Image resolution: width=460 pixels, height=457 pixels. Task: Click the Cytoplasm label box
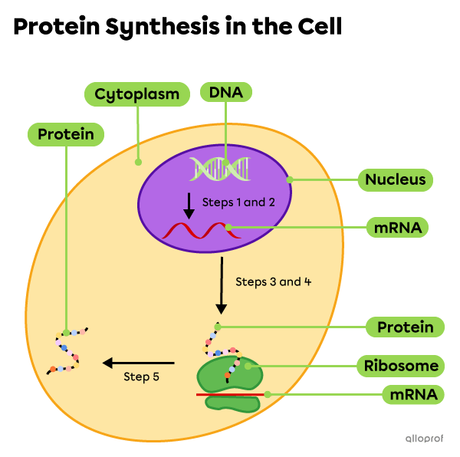pos(137,94)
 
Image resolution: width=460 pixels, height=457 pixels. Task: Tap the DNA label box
pos(225,93)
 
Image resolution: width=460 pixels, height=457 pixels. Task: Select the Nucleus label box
pos(395,180)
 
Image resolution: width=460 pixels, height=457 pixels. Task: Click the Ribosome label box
pos(401,366)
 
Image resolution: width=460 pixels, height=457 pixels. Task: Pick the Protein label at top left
pos(66,135)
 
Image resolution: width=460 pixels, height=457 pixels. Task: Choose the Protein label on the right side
pos(405,327)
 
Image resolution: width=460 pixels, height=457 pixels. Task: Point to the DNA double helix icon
pos(219,168)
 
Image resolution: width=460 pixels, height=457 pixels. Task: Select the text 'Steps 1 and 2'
pos(238,202)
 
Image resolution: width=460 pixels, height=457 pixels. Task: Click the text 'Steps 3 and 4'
pos(273,281)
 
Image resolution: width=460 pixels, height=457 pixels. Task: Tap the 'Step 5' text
pos(141,376)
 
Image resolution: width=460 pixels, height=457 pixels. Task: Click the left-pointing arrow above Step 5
pos(139,363)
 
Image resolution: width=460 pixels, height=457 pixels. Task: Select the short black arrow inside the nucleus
pos(188,205)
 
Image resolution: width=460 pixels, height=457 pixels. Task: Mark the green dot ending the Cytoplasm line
pos(138,162)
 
